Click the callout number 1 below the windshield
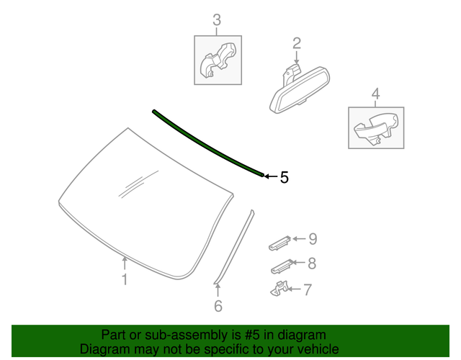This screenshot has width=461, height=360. coord(125,279)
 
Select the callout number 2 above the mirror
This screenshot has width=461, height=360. coord(296,45)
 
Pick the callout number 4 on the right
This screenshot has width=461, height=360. coord(375,93)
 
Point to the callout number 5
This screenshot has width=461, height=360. coord(284,177)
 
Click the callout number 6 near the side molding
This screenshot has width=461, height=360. coord(218,306)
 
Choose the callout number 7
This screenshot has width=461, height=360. coord(307,290)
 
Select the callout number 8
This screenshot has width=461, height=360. coord(311,264)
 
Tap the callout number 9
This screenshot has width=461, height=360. coord(312,239)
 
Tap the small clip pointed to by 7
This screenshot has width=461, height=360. coord(278,289)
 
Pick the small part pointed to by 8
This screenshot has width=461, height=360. coord(281,267)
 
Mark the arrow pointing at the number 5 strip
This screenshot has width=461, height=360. coord(269,176)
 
